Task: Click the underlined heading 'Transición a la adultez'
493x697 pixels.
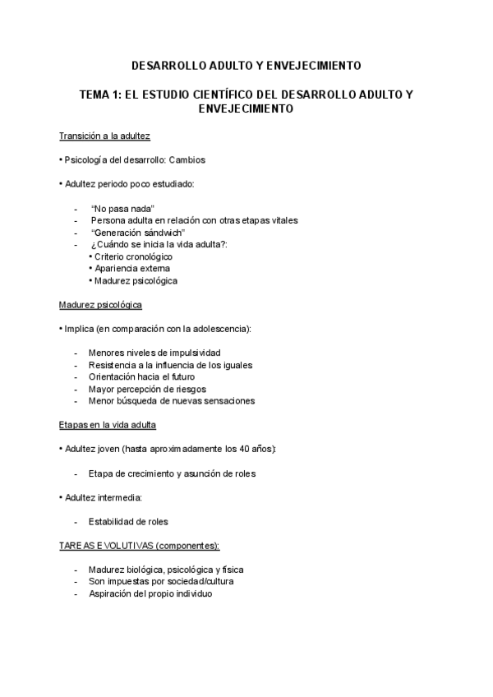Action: (x=104, y=136)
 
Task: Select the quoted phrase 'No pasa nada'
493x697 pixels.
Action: (x=123, y=209)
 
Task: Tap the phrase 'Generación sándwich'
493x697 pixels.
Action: (x=137, y=233)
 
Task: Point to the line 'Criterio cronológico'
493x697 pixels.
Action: (x=133, y=256)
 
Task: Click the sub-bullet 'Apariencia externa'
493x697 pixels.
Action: (x=132, y=268)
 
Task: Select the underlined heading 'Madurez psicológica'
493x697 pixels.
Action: (x=100, y=305)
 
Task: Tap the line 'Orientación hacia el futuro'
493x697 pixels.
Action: (x=141, y=376)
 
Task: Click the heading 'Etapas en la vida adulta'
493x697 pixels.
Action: (x=107, y=425)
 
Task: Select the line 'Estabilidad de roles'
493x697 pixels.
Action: (x=128, y=521)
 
